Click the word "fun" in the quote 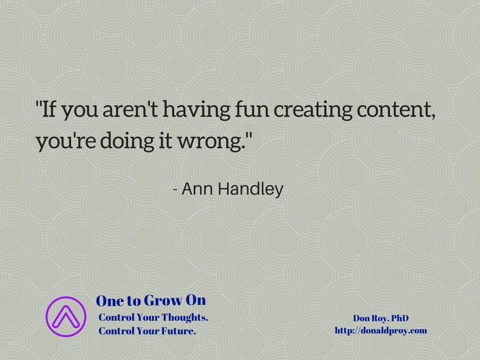[252, 109]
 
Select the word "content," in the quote [396, 111]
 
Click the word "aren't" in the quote [130, 110]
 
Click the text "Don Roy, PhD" [381, 319]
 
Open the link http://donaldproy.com [381, 331]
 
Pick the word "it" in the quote [165, 142]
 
